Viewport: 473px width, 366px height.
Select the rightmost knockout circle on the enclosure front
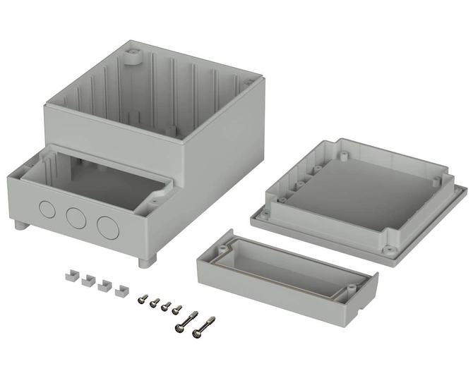click(107, 226)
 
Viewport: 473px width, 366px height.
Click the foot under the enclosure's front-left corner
click(18, 226)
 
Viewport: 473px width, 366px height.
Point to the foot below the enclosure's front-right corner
click(147, 262)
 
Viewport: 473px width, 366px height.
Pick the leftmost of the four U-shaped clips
click(71, 276)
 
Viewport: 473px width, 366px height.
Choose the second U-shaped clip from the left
click(88, 281)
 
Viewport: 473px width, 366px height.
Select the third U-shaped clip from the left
click(104, 285)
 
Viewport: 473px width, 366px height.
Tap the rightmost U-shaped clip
click(121, 289)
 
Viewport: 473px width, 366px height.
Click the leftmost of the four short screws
click(143, 299)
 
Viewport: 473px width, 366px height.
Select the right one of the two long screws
click(205, 326)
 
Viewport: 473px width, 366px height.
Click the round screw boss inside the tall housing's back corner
click(131, 56)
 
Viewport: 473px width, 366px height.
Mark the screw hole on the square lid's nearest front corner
click(388, 248)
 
